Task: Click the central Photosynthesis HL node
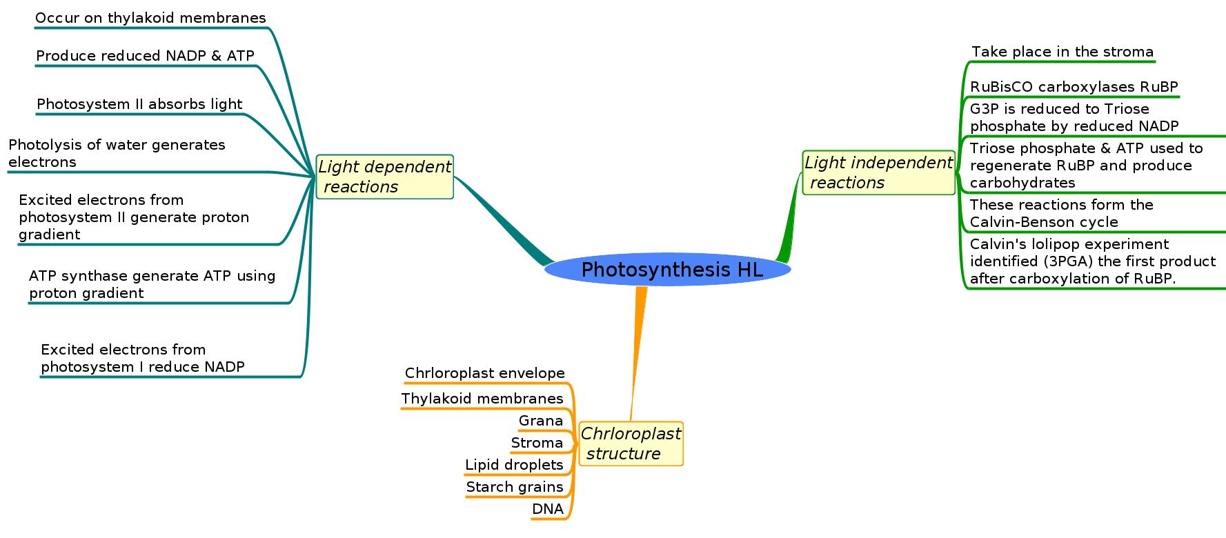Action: pos(667,270)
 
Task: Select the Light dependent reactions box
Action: pos(384,177)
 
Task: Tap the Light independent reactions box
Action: pos(878,172)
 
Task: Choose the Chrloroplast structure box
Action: pos(631,444)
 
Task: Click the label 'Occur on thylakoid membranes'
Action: pos(150,19)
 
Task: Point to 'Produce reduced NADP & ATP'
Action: pos(145,56)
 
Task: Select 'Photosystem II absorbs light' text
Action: pos(139,104)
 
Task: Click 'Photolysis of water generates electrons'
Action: pos(117,153)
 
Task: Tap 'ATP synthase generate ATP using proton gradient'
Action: pos(152,284)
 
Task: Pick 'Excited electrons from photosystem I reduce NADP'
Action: pos(143,358)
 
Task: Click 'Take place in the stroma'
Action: pos(1062,52)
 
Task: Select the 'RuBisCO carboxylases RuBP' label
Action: pos(1074,87)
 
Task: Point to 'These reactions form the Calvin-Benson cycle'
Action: pos(1061,213)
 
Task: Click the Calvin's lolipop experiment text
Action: pos(1092,261)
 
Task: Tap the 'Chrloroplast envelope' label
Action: pos(484,373)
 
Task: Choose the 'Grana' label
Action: pos(540,421)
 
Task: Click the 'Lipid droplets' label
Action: pos(514,465)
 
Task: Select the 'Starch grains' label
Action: pos(515,487)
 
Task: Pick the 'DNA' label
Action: pos(547,509)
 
